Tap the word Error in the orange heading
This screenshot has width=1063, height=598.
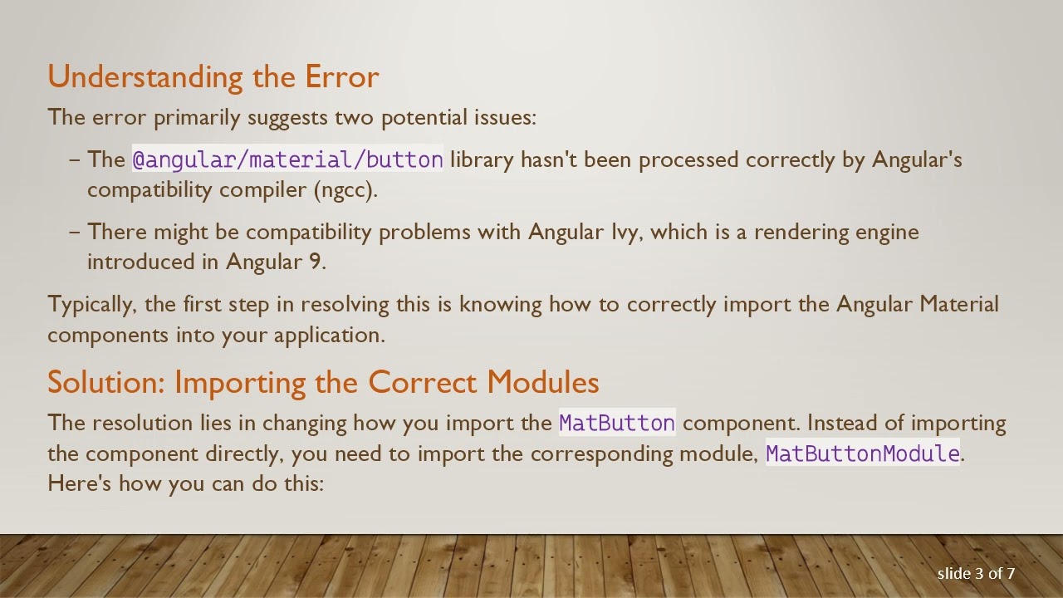click(342, 77)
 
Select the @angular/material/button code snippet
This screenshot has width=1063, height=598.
click(287, 159)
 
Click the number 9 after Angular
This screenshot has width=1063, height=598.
click(315, 262)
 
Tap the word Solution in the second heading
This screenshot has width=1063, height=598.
click(106, 382)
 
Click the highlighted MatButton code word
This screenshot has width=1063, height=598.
click(616, 423)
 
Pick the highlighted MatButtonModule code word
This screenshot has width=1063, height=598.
click(862, 453)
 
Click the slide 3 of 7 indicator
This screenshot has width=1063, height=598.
click(976, 573)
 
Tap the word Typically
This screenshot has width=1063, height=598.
click(91, 305)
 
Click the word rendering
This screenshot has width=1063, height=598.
click(800, 232)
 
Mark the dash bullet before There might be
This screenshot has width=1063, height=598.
click(75, 232)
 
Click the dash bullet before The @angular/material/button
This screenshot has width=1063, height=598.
click(75, 159)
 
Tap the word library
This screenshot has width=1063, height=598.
click(482, 159)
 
